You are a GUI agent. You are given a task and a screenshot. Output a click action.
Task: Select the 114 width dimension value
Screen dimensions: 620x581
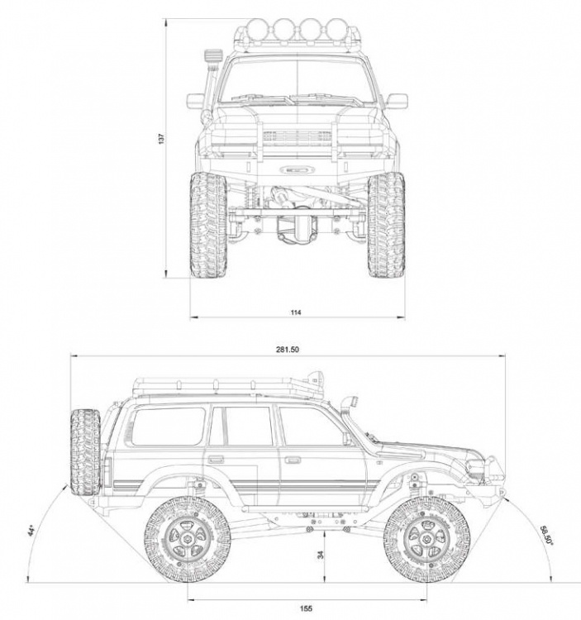point(296,312)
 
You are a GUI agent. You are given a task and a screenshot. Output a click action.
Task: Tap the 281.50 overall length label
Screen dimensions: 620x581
point(288,350)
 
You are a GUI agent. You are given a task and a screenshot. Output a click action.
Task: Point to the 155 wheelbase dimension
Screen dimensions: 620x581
point(306,608)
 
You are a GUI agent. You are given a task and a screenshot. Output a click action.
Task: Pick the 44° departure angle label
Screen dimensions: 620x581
point(32,529)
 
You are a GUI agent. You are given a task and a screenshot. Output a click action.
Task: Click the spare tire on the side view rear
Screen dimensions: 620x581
point(84,452)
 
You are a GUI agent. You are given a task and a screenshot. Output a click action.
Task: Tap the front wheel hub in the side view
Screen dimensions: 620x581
point(427,540)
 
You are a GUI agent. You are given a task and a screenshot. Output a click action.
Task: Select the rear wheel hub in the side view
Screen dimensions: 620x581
point(188,540)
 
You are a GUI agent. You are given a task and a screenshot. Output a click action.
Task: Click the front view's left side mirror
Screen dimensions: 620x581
point(195,101)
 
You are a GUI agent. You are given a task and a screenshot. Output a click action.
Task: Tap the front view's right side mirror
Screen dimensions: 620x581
point(398,101)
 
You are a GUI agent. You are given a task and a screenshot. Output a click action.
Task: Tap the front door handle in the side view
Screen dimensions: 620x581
point(293,458)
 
